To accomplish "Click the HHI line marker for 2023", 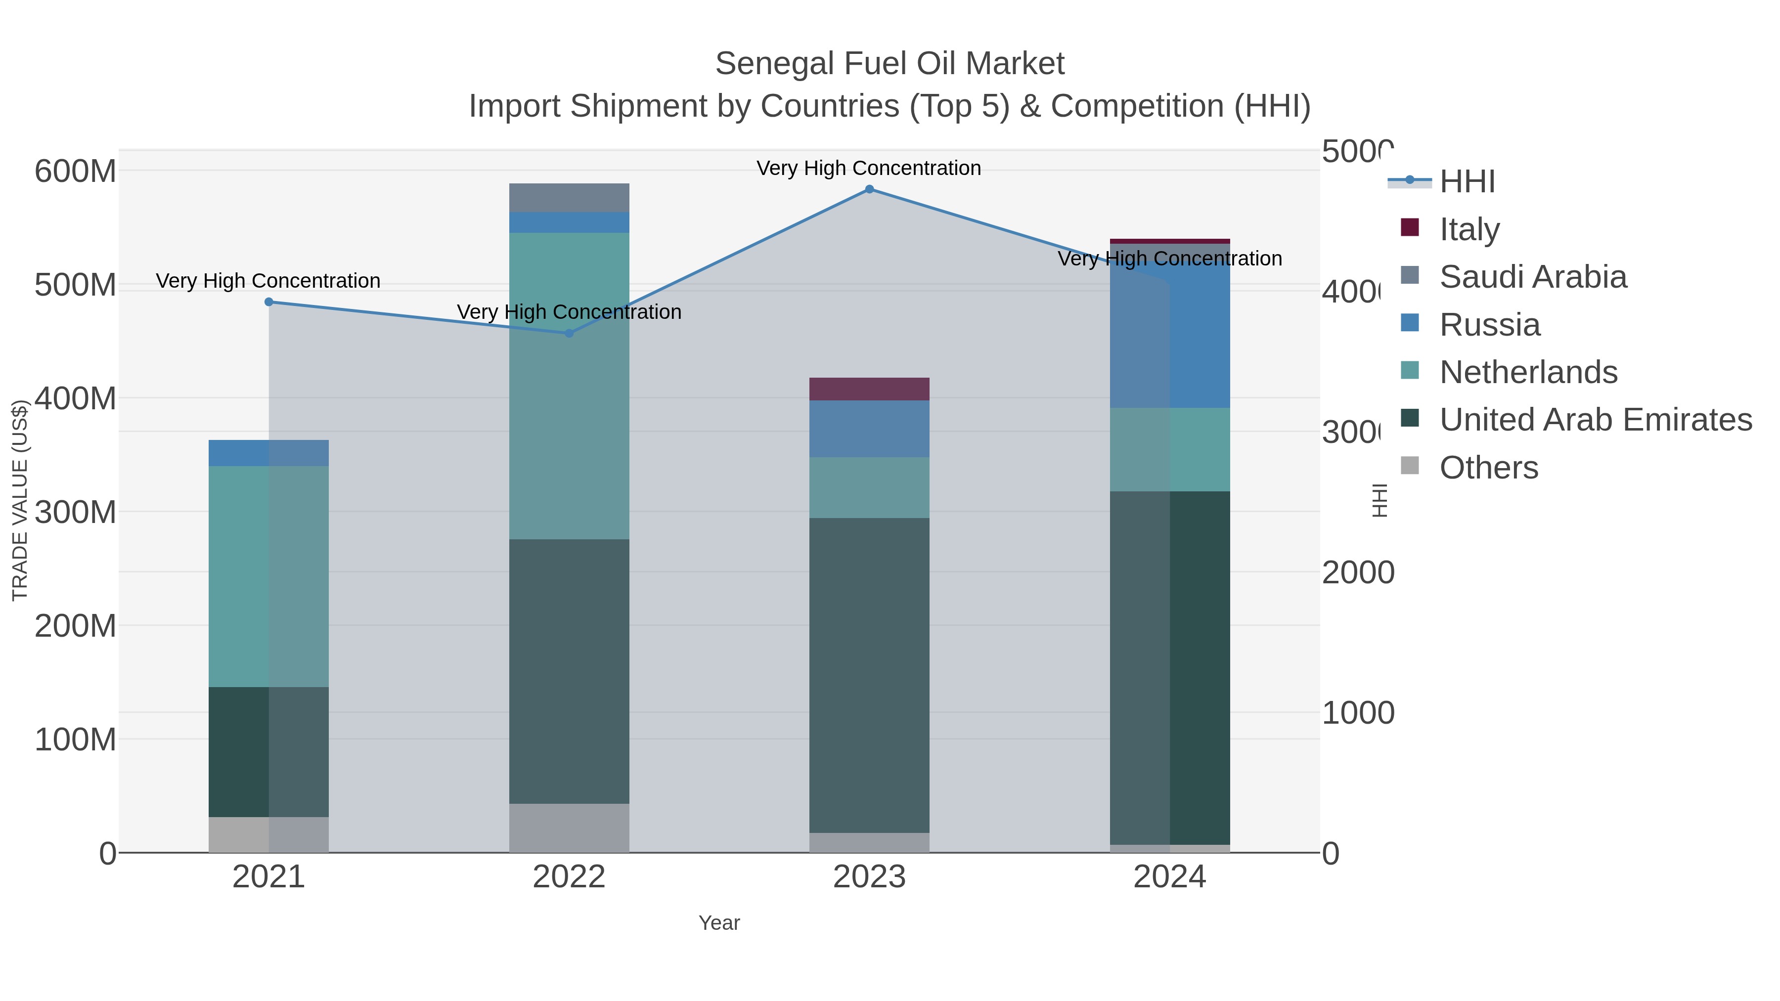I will (x=869, y=189).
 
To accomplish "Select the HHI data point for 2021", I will (x=269, y=302).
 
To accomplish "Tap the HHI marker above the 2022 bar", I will (x=570, y=333).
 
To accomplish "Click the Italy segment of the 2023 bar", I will (x=869, y=389).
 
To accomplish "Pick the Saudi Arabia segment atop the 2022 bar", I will (x=570, y=198).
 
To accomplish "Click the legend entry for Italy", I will (x=1469, y=229).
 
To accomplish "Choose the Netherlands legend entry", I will (x=1528, y=372).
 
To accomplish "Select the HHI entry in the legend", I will (x=1467, y=182).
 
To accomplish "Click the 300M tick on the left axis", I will (x=75, y=513).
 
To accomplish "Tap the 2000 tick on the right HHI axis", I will (x=1357, y=573).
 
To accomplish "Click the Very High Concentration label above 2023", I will (x=869, y=169).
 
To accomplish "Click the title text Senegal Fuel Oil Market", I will (x=890, y=64).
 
